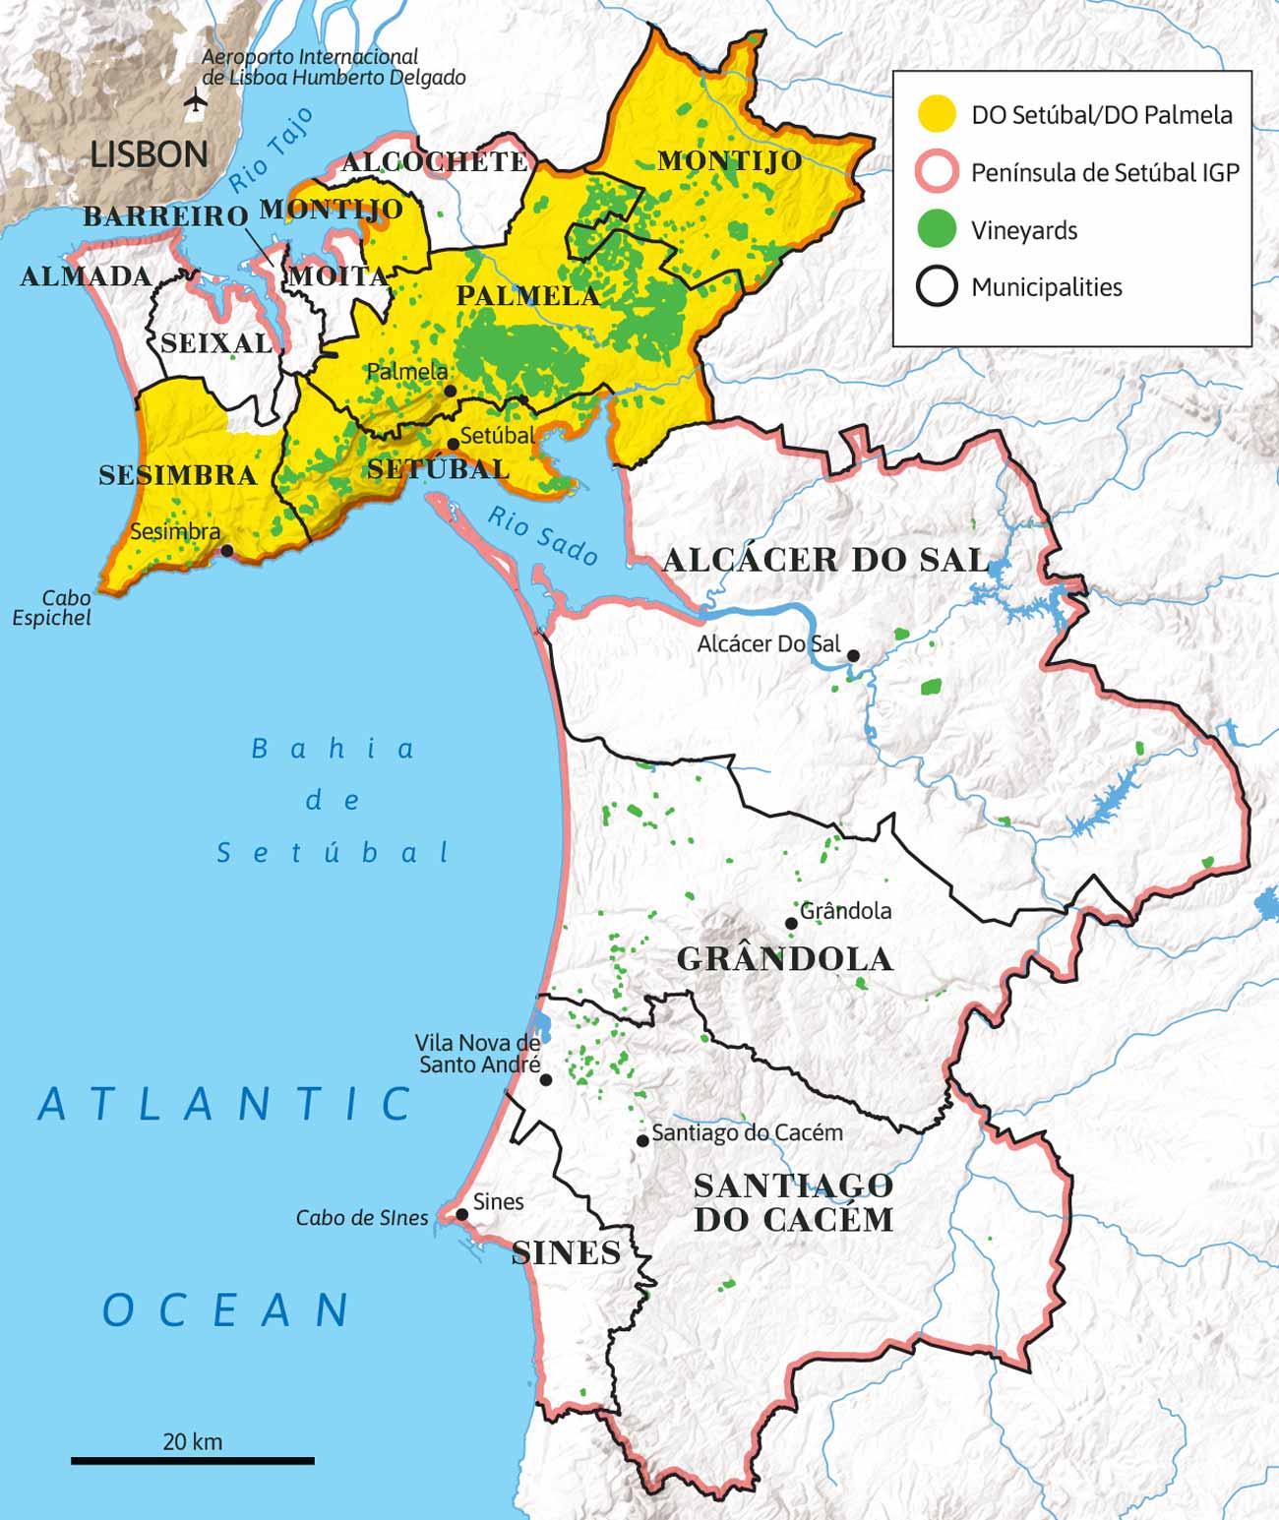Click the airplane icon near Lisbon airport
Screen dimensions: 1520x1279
tap(197, 100)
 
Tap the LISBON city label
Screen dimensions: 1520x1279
tap(149, 154)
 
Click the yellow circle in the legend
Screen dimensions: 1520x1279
tap(937, 114)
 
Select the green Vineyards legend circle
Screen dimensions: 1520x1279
tap(937, 229)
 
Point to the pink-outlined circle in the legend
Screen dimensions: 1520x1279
tap(937, 172)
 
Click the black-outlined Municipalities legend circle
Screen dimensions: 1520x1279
tap(937, 286)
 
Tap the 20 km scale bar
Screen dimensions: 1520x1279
tap(193, 1461)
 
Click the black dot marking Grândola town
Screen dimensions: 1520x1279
tap(791, 923)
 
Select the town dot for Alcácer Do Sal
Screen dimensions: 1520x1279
tap(853, 655)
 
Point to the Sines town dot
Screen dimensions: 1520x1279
tap(461, 1214)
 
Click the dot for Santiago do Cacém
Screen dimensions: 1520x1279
tap(642, 1140)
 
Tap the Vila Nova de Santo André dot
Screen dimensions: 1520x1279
tap(546, 1079)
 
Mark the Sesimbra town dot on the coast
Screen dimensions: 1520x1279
tap(227, 550)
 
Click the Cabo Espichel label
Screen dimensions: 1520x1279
tap(54, 608)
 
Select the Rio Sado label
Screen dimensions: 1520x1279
tap(543, 536)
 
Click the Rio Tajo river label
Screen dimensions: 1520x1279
tap(272, 150)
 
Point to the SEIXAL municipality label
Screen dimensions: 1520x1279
tap(216, 343)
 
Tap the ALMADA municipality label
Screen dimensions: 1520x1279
tap(86, 276)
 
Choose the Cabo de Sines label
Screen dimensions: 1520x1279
tap(362, 1218)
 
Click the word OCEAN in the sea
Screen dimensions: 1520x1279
tap(226, 1310)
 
